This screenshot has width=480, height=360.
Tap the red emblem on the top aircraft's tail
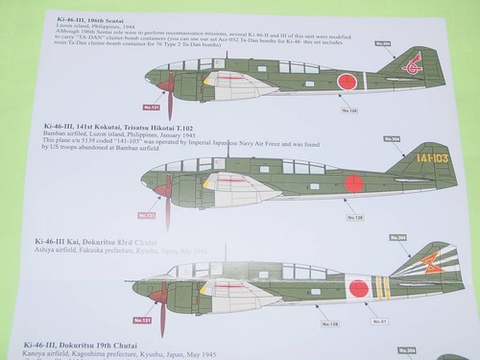[x=415, y=66]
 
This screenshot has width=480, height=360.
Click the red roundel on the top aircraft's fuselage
[x=348, y=82]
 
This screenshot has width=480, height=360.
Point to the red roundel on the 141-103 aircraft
[x=355, y=182]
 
